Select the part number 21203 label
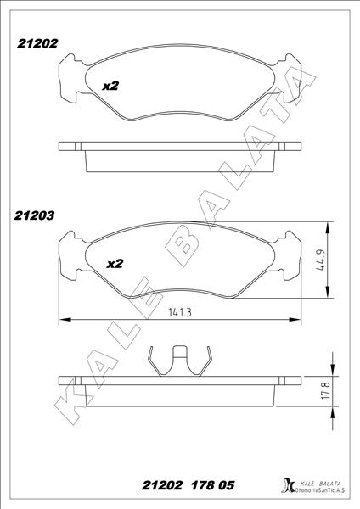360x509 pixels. click(x=35, y=215)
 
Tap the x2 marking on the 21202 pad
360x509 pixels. click(x=110, y=86)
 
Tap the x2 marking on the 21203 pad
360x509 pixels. click(x=115, y=264)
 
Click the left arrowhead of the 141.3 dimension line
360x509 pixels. click(x=62, y=321)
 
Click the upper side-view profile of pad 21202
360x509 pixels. click(x=179, y=149)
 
